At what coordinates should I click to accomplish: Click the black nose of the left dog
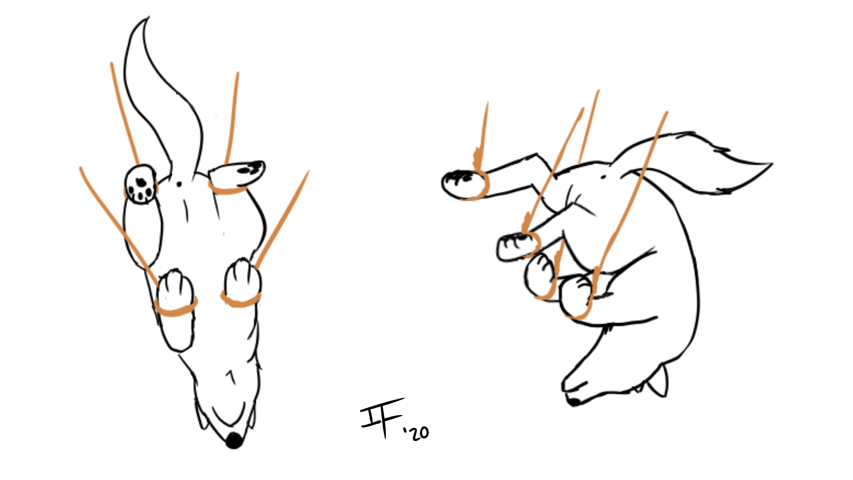pos(234,440)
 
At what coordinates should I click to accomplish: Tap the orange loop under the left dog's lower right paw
pos(240,300)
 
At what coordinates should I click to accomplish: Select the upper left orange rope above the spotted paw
pos(124,113)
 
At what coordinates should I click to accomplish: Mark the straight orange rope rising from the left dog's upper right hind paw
pos(232,118)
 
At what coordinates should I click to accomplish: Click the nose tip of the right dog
pos(573,402)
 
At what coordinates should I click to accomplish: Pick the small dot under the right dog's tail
pos(603,177)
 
